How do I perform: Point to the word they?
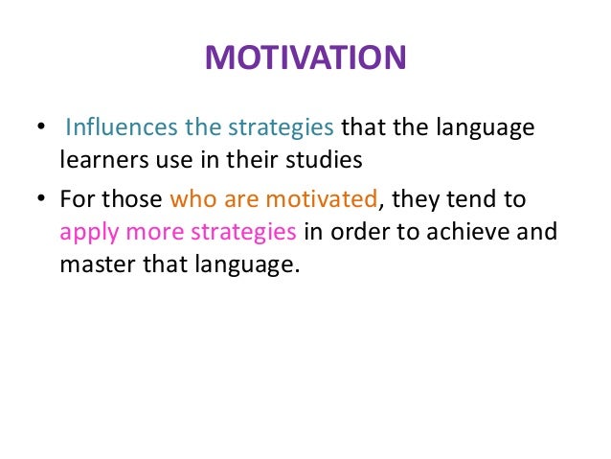point(415,200)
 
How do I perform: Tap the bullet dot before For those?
point(40,202)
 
